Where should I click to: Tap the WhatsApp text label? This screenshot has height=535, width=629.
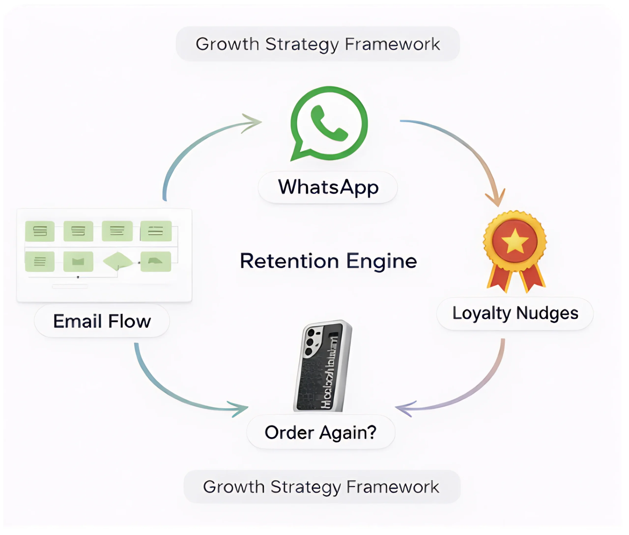[328, 187]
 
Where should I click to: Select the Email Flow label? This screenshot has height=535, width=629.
[102, 321]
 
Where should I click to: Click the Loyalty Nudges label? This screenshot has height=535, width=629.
[515, 313]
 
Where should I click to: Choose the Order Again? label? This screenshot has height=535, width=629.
[320, 432]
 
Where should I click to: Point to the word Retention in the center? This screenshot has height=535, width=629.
[289, 261]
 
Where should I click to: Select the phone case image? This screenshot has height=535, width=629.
[323, 366]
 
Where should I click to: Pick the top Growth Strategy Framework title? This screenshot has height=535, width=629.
[318, 44]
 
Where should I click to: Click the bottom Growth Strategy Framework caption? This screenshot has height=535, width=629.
[321, 487]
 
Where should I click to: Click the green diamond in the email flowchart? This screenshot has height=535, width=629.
[118, 261]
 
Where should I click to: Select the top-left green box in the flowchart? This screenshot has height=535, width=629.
[40, 231]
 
